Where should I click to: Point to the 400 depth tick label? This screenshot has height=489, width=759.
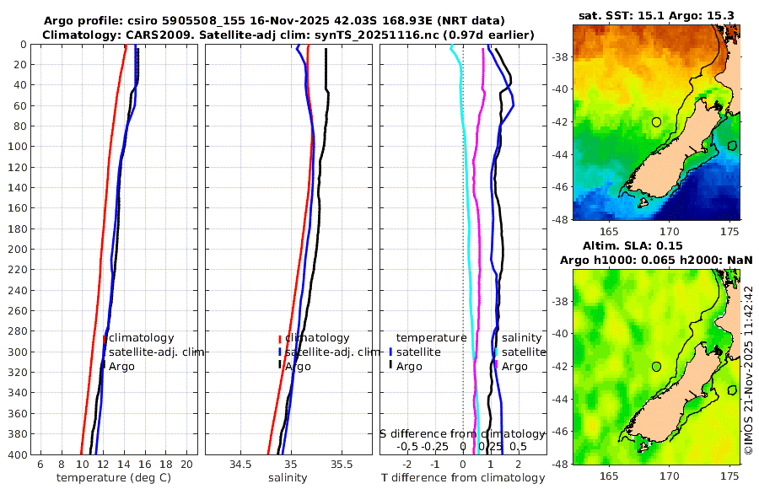pos(19,455)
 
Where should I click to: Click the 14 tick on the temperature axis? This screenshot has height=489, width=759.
pos(124,464)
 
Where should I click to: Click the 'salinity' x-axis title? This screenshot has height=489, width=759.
pos(288,478)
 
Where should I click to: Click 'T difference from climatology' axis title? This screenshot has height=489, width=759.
pos(463,478)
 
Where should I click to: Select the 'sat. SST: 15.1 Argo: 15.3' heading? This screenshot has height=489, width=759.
pos(656,15)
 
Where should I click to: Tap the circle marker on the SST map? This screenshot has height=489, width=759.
pos(657,122)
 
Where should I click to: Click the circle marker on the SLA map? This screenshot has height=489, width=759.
pos(657,367)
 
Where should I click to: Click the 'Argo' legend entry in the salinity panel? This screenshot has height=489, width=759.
pos(298,367)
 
